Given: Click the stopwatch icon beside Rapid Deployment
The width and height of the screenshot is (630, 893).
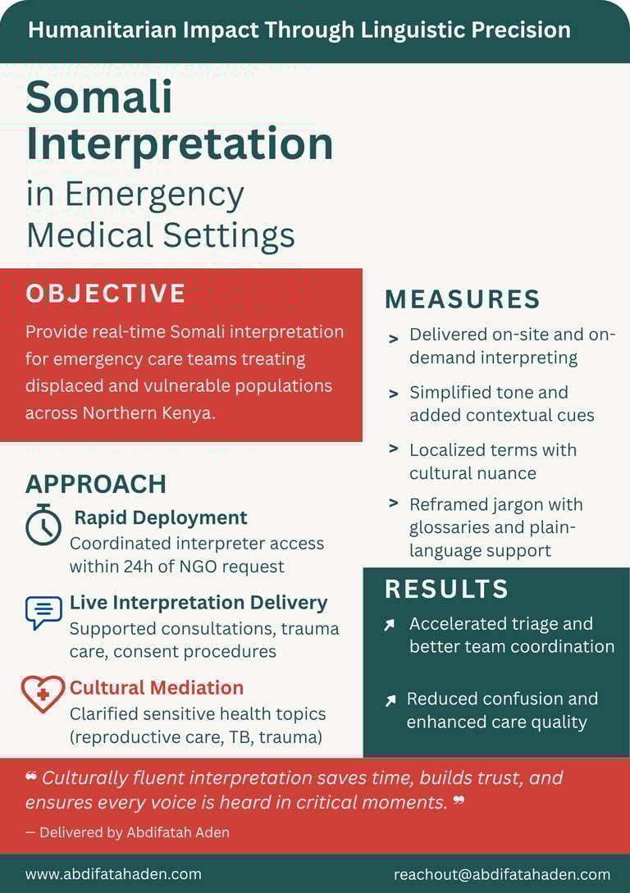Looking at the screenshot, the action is coord(43,525).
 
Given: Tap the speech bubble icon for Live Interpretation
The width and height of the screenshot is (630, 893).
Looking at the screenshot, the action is coord(43,612).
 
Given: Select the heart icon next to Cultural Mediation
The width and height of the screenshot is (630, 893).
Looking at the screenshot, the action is coord(43,694).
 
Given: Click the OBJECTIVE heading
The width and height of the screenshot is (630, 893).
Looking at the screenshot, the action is coord(106,294).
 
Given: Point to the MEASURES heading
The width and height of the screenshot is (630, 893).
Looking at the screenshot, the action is coord(463,299).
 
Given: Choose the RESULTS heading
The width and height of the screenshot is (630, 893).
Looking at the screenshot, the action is coord(446,589).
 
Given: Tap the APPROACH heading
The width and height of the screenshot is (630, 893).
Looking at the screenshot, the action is coord(96,484).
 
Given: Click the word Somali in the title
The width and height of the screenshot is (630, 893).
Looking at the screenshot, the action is coord(99,98).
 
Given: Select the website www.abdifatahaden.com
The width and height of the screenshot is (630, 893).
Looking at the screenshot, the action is coord(113,874).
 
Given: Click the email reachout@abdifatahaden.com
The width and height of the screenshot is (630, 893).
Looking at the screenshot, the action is coord(502,874).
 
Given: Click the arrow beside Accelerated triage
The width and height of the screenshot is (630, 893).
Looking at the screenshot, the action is coord(390,626).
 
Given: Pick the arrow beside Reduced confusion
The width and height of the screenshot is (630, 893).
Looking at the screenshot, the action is coord(390,701).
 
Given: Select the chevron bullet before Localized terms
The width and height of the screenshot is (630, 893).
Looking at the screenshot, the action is coord(394,449).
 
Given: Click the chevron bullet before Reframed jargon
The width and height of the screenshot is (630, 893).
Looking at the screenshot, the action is coord(394,503).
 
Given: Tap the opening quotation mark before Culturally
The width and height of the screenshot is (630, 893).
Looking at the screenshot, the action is coord(31,777).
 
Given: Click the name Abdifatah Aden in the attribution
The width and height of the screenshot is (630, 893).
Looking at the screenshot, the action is coord(178,832).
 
